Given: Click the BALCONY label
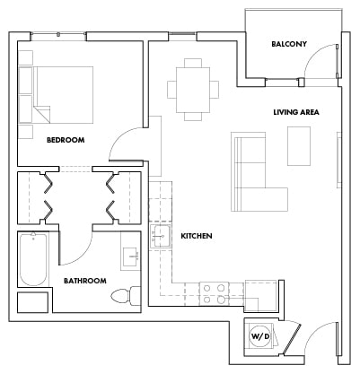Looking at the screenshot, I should tap(289, 44).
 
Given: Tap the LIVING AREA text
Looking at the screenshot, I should tap(297, 112).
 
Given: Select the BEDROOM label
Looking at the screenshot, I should tap(66, 139).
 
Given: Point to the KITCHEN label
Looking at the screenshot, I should tap(196, 236).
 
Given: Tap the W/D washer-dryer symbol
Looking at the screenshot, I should tap(260, 337).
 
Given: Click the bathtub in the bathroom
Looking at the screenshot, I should tap(35, 259).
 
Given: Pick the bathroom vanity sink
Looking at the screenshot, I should tap(131, 256).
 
